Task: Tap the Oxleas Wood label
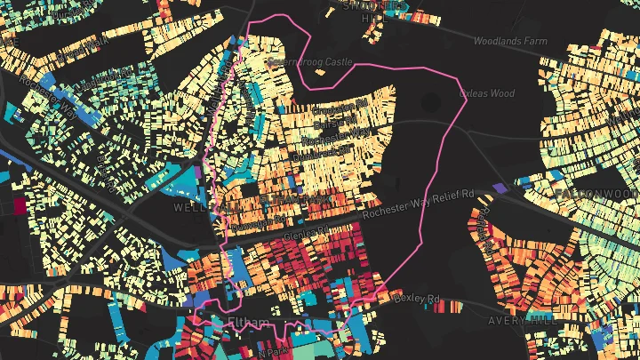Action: pyautogui.click(x=486, y=92)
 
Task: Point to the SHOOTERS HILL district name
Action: pyautogui.click(x=365, y=8)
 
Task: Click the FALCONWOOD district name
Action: pyautogui.click(x=595, y=193)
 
